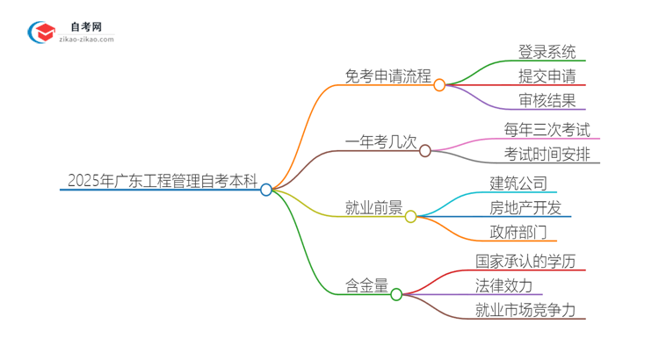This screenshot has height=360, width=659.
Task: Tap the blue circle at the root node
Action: (x=266, y=190)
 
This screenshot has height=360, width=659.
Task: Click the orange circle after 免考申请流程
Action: (x=439, y=84)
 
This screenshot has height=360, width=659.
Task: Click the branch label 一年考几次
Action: (x=380, y=142)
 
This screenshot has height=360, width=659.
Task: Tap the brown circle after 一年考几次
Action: (x=425, y=150)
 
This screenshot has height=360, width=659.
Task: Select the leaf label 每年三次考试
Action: (x=547, y=129)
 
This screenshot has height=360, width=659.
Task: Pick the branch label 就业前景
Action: (x=373, y=208)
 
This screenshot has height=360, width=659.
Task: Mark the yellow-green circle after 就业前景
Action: (x=411, y=216)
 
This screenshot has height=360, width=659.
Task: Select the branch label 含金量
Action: (x=366, y=286)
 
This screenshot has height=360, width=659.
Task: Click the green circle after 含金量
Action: (x=396, y=294)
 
